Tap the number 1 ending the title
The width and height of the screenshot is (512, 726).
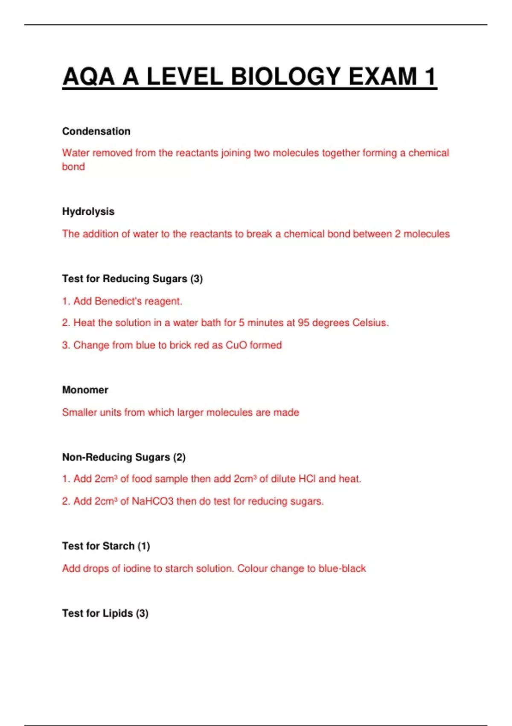click(430, 77)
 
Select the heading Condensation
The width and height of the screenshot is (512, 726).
click(96, 131)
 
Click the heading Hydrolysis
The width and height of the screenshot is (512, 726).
click(88, 211)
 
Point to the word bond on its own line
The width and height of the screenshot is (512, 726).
click(73, 167)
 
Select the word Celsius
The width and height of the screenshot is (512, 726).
click(370, 322)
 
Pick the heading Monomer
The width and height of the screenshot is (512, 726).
click(85, 390)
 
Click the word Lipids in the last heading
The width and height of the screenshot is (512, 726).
click(118, 613)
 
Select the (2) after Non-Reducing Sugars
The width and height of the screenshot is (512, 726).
click(179, 457)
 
